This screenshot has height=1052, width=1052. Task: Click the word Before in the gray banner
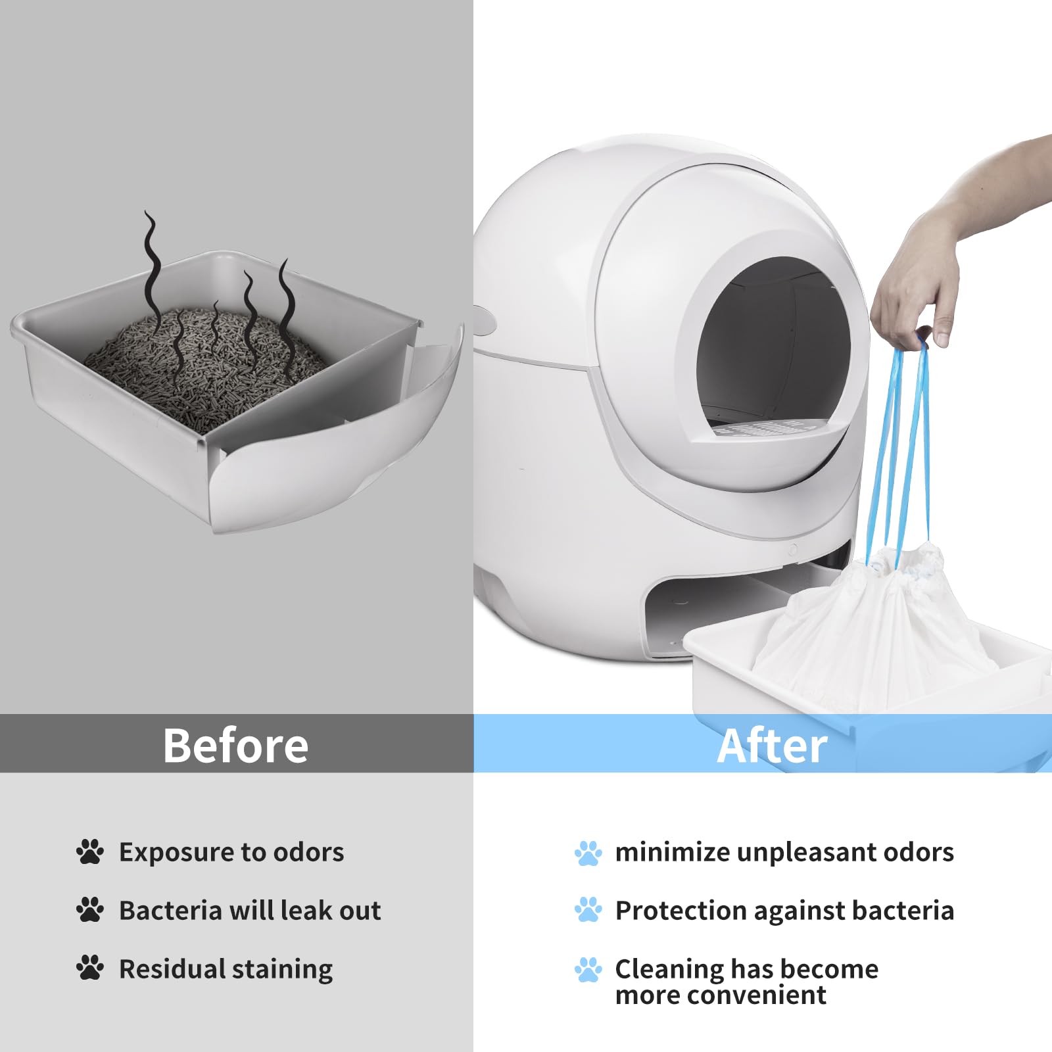click(x=235, y=746)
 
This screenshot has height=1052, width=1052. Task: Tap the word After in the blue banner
click(x=772, y=746)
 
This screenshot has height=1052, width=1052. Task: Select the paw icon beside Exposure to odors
click(x=90, y=851)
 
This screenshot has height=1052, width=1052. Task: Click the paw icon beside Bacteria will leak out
click(x=90, y=910)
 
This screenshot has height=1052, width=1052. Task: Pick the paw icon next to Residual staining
click(x=90, y=968)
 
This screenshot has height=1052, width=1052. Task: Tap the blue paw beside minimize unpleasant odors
click(x=588, y=853)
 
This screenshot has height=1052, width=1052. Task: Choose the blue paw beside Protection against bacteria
click(x=588, y=910)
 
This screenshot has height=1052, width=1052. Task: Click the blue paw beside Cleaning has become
click(x=588, y=969)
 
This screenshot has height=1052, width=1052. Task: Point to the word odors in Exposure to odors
click(x=308, y=852)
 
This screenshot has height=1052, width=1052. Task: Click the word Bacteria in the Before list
click(x=170, y=911)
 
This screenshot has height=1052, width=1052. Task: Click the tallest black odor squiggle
click(x=153, y=270)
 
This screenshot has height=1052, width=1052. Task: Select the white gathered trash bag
click(x=874, y=631)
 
